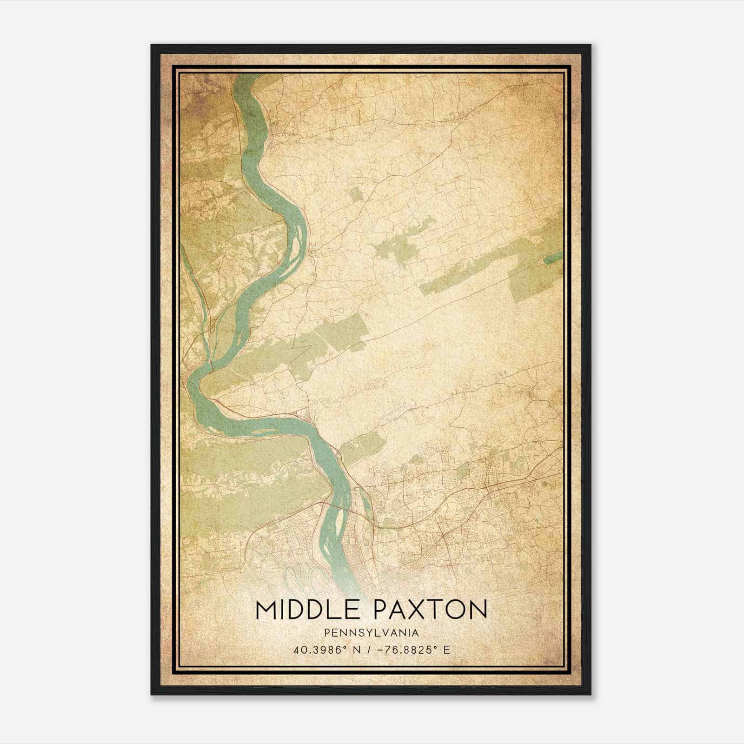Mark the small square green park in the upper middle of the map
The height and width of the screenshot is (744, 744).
click(x=356, y=194)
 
